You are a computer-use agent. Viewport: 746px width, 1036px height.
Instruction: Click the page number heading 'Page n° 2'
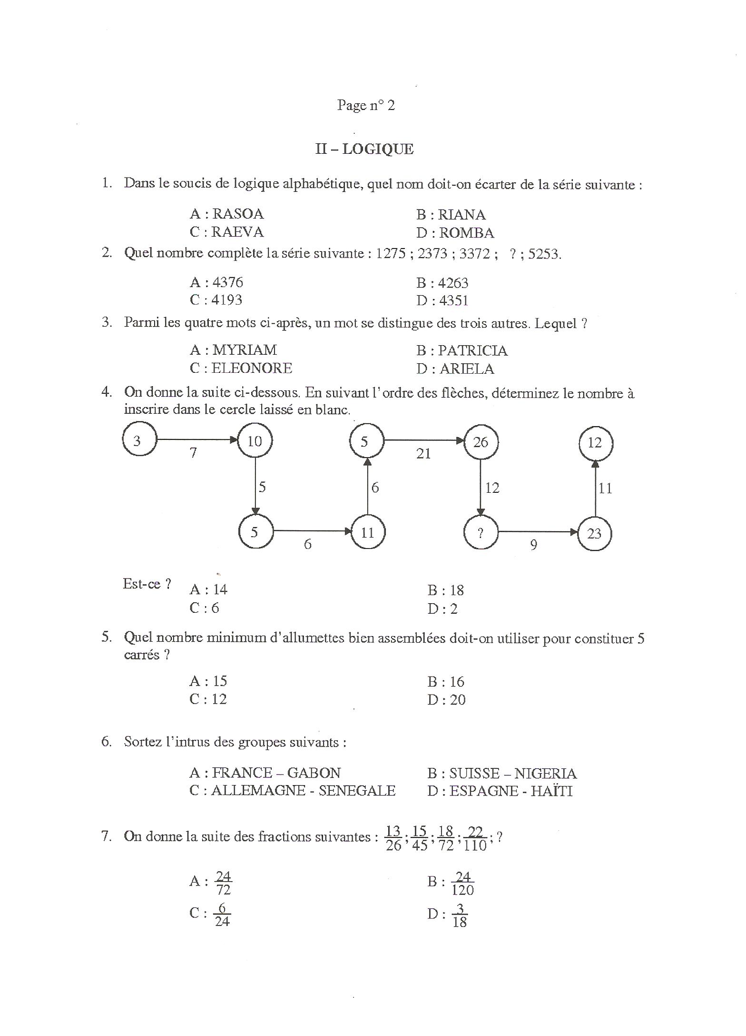[366, 105]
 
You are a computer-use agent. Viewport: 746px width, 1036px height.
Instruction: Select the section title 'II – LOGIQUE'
[364, 149]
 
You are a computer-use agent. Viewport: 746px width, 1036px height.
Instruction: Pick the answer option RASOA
[237, 214]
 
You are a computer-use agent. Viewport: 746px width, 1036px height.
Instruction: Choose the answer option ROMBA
[466, 233]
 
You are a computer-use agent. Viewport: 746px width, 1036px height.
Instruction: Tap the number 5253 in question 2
[544, 254]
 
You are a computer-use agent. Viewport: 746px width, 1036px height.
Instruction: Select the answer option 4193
[227, 300]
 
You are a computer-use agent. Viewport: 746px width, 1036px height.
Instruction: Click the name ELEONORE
[252, 368]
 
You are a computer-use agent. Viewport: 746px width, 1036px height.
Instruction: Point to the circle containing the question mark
[481, 532]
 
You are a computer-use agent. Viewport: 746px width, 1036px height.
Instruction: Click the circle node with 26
[481, 442]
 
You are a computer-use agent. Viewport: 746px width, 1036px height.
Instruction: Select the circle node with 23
[594, 533]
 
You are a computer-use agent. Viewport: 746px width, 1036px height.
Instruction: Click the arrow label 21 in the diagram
[423, 454]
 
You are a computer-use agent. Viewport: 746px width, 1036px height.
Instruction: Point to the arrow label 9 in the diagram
[534, 545]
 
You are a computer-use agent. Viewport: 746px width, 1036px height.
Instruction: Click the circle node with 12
[595, 443]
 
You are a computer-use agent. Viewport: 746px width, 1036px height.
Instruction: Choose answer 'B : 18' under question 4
[445, 590]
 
